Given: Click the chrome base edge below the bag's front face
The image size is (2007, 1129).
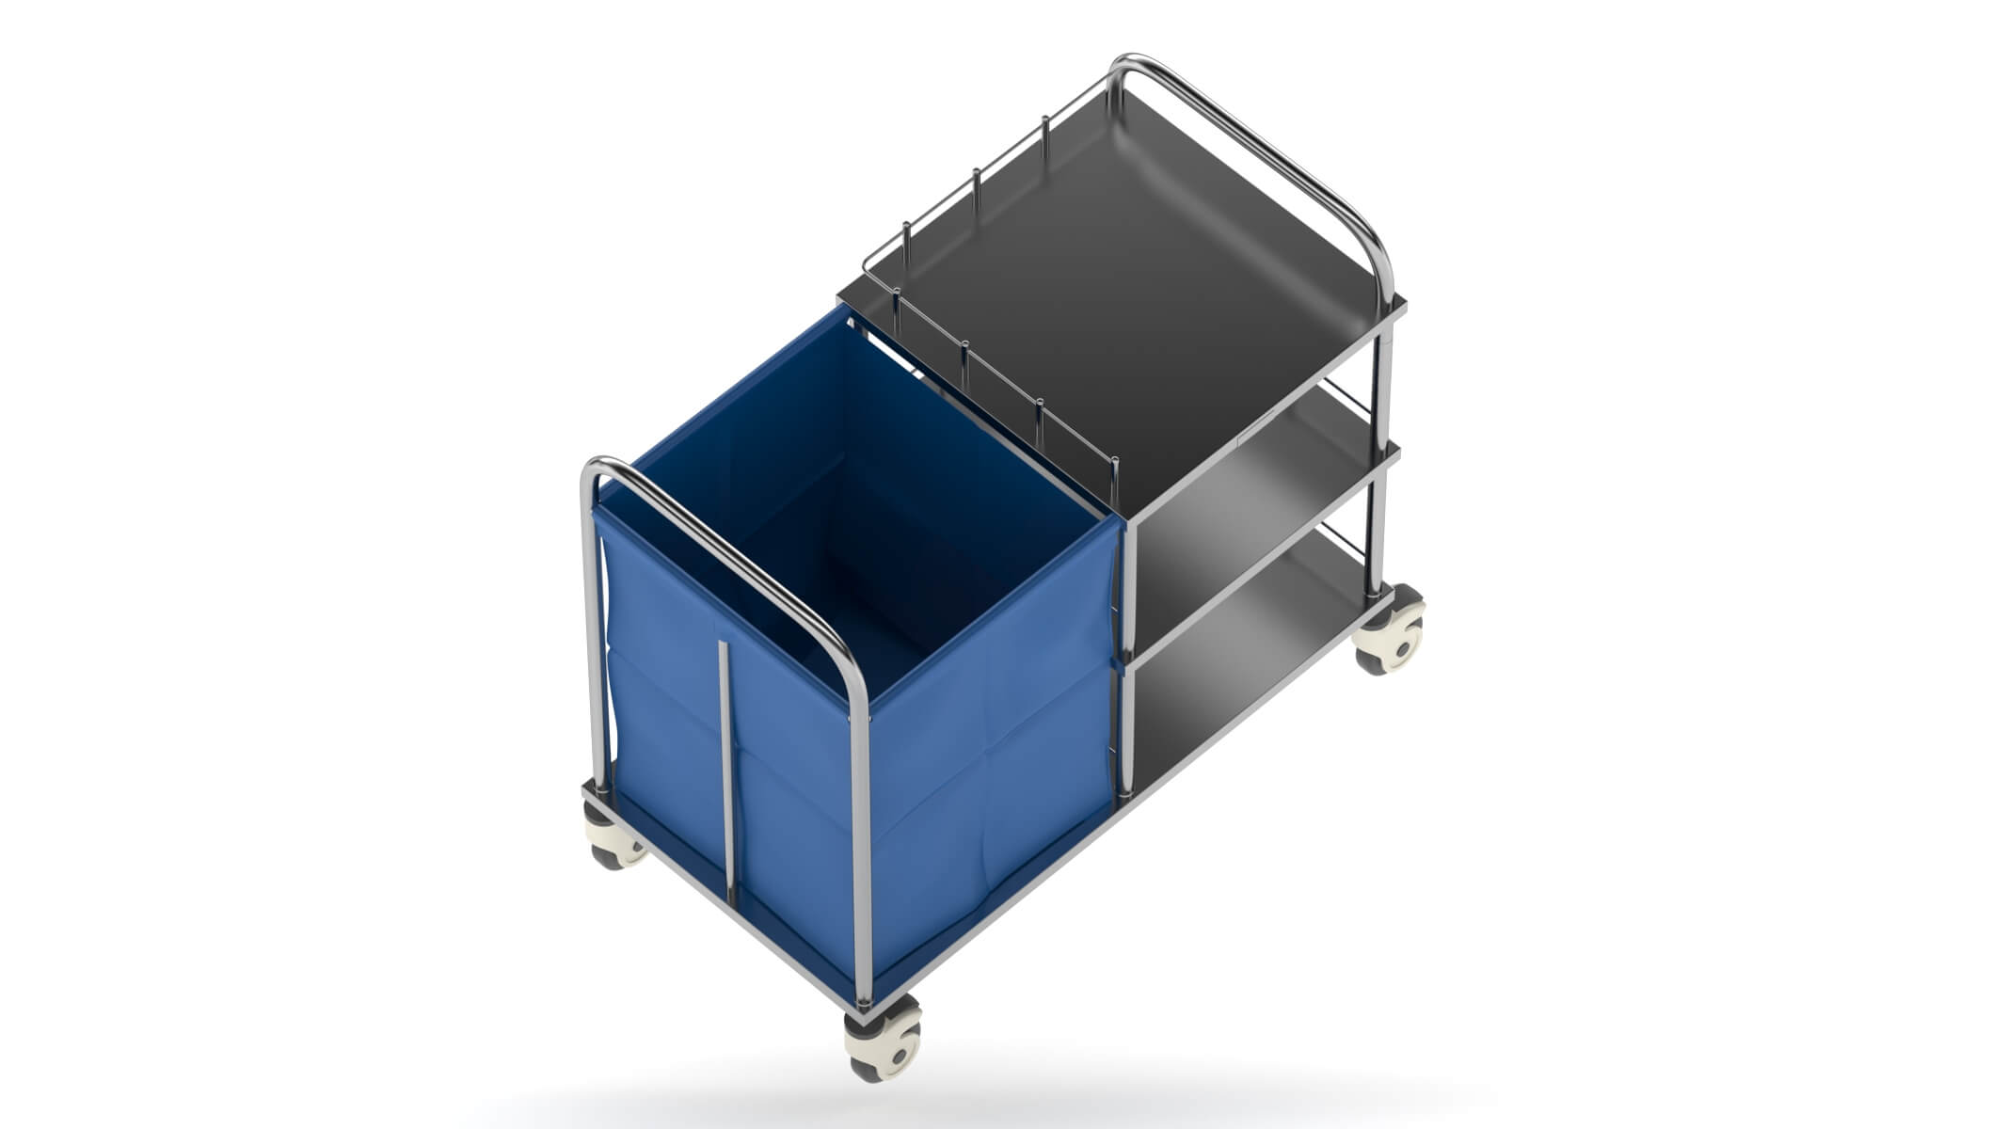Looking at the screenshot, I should (x=997, y=903).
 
